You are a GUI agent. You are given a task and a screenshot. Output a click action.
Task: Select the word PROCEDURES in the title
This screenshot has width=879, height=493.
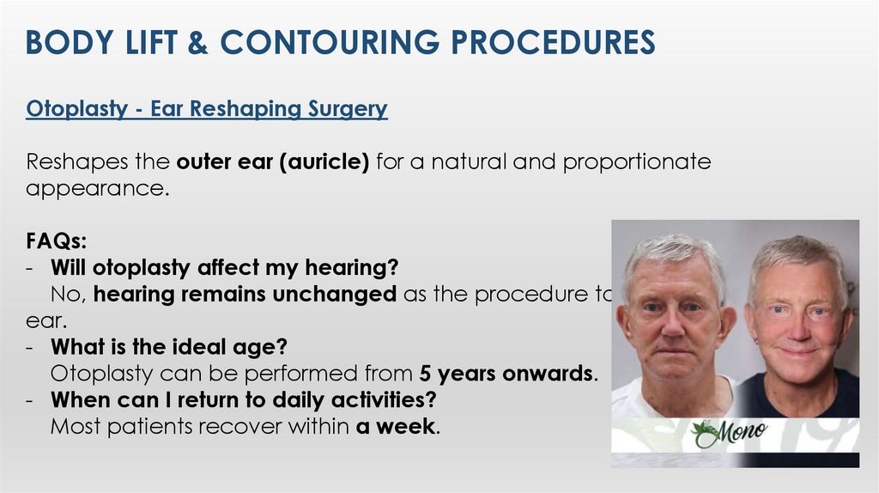click(x=554, y=41)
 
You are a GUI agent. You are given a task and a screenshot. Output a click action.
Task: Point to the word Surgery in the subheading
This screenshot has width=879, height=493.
click(x=347, y=110)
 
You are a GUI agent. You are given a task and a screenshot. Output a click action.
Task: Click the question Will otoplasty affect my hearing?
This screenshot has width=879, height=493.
click(x=224, y=268)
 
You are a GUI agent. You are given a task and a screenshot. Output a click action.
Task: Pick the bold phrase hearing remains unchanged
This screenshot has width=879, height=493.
click(x=245, y=295)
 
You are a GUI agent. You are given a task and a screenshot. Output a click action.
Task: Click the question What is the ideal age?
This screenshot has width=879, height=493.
click(x=168, y=348)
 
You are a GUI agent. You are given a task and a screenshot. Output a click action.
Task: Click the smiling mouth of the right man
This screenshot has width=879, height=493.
click(x=798, y=351)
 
